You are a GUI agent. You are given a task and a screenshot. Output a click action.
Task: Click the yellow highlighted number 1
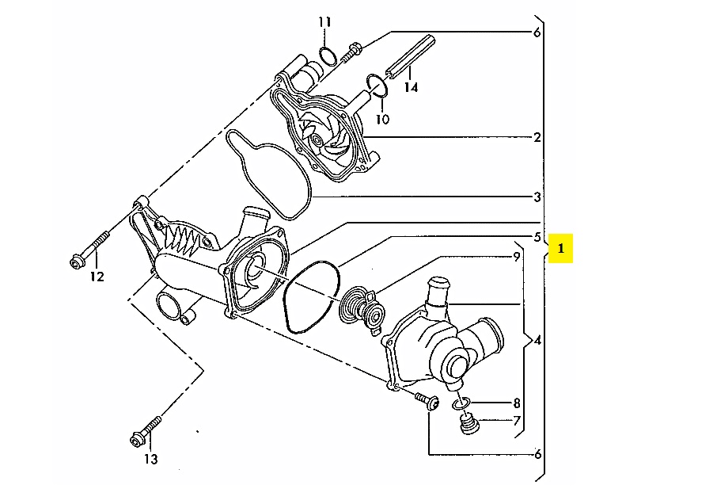(x=560, y=249)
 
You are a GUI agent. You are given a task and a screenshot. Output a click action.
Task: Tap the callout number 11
(x=324, y=22)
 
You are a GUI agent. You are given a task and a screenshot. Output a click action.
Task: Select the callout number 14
(x=411, y=87)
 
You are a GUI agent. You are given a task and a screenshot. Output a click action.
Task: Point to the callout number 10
(x=382, y=120)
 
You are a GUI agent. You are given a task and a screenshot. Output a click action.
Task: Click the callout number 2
(x=537, y=137)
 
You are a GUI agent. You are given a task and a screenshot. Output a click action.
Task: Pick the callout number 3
(x=537, y=197)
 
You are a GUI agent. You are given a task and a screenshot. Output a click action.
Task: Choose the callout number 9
(x=517, y=257)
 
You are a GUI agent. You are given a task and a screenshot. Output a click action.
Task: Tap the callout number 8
(x=517, y=403)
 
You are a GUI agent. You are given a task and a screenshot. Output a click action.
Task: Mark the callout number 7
(x=517, y=420)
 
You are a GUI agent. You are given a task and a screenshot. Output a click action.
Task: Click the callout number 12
(x=97, y=277)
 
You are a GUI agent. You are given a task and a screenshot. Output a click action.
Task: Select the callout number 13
(x=151, y=459)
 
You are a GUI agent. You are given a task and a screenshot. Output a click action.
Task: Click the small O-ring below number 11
(x=328, y=55)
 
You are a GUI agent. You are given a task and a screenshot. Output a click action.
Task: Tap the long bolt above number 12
(x=90, y=250)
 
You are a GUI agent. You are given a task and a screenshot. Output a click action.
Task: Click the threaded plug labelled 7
(x=469, y=424)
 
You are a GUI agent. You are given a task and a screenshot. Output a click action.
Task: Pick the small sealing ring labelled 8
(x=461, y=403)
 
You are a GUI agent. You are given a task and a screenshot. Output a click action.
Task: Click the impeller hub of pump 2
(x=314, y=139)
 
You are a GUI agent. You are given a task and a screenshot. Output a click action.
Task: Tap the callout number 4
(x=537, y=341)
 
